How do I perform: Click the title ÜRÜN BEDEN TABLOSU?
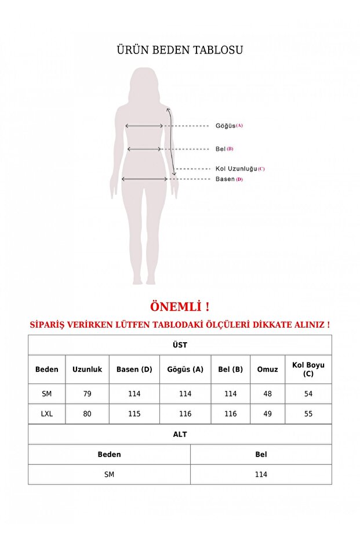[180, 50]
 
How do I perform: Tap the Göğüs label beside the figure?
[226, 125]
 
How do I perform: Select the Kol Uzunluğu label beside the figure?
[236, 169]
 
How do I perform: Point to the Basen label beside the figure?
[225, 179]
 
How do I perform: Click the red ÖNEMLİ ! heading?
[180, 306]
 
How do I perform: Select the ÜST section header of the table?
[180, 345]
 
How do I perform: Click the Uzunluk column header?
[87, 369]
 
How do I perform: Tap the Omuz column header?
[267, 369]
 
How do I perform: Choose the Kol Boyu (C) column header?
[308, 369]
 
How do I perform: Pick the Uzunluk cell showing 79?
[87, 394]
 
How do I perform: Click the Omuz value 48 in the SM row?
[267, 394]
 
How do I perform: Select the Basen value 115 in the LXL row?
[134, 414]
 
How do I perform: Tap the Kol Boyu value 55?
[308, 414]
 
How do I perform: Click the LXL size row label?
[47, 414]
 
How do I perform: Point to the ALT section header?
[180, 434]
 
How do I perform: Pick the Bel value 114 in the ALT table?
[261, 474]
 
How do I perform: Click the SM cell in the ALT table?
[109, 474]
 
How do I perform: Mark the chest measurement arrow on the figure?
[144, 125]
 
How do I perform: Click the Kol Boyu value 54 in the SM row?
[308, 394]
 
